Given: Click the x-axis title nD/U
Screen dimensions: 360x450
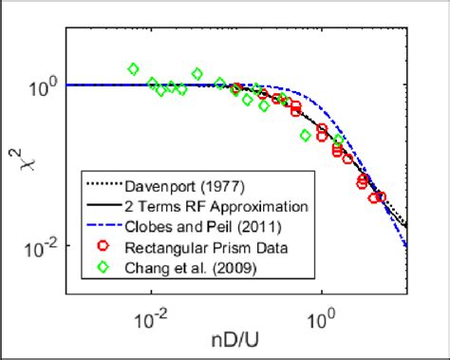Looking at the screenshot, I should tap(235, 339).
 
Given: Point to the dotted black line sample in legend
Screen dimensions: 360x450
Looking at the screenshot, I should tap(102, 186).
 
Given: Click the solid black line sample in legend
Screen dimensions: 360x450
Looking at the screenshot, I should tap(102, 205).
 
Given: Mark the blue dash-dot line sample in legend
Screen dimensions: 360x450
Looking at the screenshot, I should tap(102, 224).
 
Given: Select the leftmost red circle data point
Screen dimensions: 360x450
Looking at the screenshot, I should tap(235, 88).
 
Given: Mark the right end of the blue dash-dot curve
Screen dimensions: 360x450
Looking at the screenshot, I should tap(407, 246).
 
